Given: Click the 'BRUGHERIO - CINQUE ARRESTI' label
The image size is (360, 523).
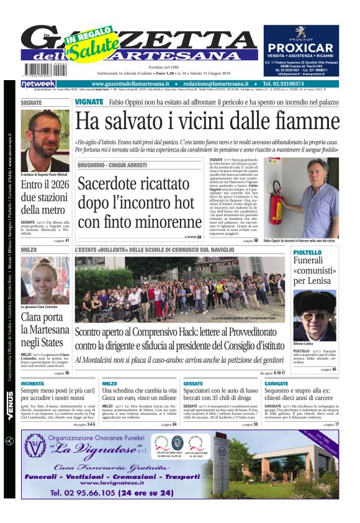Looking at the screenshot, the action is pos(112,165).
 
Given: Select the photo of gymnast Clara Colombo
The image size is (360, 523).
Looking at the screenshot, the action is pos(45,280).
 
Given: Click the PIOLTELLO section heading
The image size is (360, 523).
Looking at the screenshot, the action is pos(307,252).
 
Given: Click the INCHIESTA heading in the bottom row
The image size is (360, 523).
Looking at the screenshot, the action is pos(33,384).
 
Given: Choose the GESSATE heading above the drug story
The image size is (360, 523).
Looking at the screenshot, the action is pos(194,384).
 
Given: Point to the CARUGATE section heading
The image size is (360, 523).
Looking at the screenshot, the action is pos(277,384).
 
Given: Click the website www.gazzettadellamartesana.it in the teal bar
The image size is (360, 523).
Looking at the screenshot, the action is pos(131,83).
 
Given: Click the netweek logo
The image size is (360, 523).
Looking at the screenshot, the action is pos(38,83).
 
